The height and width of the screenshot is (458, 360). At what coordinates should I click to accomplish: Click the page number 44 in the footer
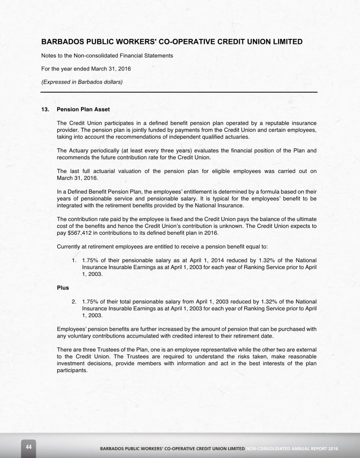click(28, 447)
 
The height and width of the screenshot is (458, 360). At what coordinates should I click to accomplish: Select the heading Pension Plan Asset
click(83, 110)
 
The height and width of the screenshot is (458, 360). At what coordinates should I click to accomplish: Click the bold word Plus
click(63, 289)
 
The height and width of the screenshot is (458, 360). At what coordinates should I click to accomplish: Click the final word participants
click(71, 370)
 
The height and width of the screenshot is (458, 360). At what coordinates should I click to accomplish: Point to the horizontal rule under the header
click(179, 92)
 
